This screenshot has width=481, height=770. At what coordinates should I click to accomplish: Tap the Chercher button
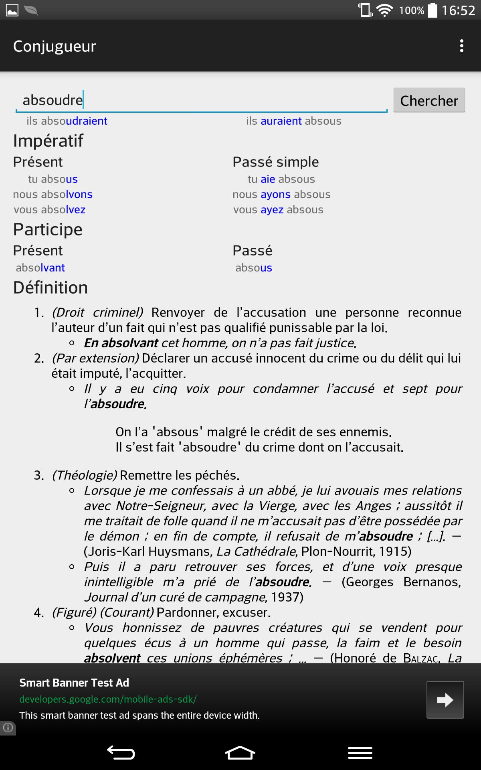click(429, 100)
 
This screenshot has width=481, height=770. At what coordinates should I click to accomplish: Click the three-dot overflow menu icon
click(462, 46)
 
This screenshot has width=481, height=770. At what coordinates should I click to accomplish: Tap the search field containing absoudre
click(200, 100)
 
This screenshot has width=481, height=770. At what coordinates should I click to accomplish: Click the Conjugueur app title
click(55, 46)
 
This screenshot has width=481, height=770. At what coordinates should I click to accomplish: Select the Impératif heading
click(48, 141)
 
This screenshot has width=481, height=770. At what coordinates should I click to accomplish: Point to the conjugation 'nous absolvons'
click(53, 195)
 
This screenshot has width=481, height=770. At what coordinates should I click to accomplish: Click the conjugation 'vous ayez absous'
click(278, 210)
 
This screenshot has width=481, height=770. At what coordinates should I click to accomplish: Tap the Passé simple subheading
click(276, 162)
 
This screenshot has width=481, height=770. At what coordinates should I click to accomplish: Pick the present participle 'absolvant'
click(40, 268)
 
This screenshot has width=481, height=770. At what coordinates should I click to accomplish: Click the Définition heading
click(51, 288)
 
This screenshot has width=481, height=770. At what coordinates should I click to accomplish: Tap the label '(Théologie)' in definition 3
click(85, 475)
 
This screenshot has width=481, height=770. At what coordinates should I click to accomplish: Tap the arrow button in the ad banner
click(445, 700)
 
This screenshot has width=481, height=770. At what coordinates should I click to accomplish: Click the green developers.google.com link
click(108, 699)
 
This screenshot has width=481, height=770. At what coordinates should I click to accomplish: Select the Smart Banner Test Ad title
click(74, 683)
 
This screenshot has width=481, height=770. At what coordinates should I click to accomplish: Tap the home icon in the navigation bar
click(240, 753)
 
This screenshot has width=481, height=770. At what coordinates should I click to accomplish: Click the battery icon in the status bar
click(432, 10)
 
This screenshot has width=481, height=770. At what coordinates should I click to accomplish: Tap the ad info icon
click(8, 727)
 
